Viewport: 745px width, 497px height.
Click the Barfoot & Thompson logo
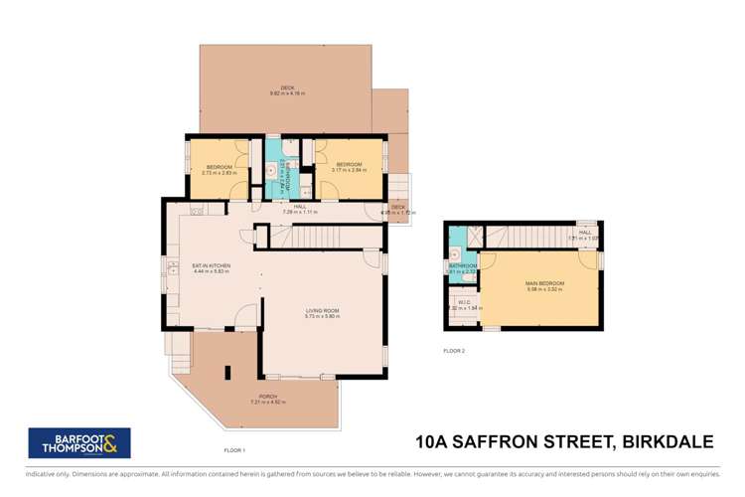click(78, 442)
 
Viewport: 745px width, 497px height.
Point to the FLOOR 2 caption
click(455, 351)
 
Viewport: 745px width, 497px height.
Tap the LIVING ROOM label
click(322, 313)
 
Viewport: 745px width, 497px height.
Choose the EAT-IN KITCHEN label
click(211, 267)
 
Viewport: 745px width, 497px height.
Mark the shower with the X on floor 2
click(474, 237)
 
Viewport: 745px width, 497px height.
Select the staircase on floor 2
click(526, 237)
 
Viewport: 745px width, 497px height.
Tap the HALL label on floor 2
click(585, 235)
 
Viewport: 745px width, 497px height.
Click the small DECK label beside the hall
click(397, 210)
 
